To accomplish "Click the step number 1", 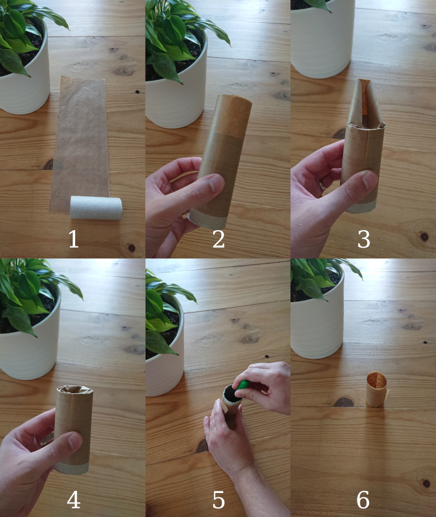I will [73, 239].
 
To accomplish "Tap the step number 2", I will [218, 239].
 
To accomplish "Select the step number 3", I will [364, 239].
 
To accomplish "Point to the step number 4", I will [73, 498].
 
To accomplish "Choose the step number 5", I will [218, 498].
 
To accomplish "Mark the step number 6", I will [364, 498].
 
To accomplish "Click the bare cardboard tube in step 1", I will [96, 208].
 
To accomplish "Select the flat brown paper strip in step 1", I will [82, 136].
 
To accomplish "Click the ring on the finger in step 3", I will [323, 185].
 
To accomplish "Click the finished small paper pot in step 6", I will [376, 389].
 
